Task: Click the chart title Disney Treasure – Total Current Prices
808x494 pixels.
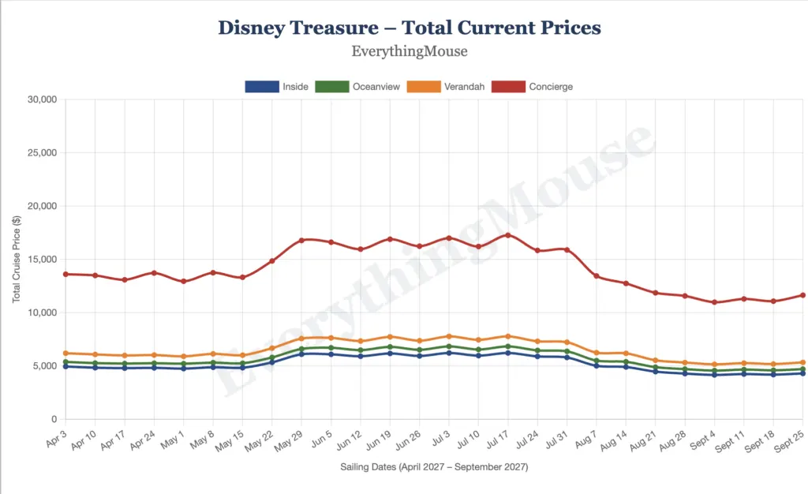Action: [x=409, y=28]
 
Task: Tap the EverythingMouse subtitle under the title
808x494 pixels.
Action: [x=409, y=52]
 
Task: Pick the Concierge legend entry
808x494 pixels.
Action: [x=532, y=87]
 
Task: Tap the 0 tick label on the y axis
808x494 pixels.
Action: [x=54, y=419]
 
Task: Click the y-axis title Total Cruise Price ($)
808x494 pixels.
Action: [x=17, y=260]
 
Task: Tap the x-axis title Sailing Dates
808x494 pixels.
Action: [x=434, y=467]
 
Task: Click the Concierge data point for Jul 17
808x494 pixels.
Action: [x=507, y=235]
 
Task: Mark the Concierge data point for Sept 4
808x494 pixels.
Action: [x=714, y=302]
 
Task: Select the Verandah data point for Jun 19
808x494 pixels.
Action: [x=390, y=337]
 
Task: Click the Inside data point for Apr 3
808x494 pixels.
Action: [x=65, y=366]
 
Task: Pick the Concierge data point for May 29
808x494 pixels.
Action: [x=301, y=240]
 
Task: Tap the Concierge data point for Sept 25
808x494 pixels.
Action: [x=802, y=295]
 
